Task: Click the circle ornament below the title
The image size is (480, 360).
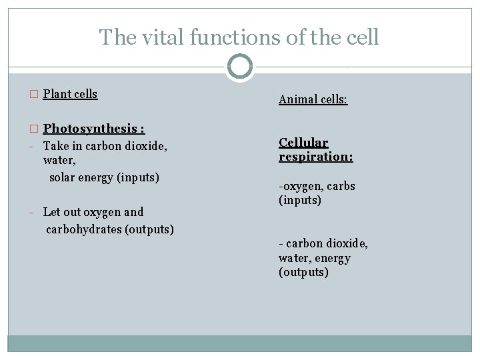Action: coord(240,67)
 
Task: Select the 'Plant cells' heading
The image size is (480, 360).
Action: coord(70,94)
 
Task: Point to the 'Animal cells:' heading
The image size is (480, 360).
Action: coord(313,100)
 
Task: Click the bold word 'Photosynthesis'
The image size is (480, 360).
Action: coord(89,128)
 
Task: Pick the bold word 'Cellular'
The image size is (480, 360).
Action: coord(303,143)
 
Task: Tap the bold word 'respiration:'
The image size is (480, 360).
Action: coord(315,157)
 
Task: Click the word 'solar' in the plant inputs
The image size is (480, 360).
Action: coord(63,177)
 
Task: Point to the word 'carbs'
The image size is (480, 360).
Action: coord(341,186)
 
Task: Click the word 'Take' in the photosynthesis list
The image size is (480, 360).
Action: coord(55,145)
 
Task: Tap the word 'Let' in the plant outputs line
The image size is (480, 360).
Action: coord(51,212)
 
